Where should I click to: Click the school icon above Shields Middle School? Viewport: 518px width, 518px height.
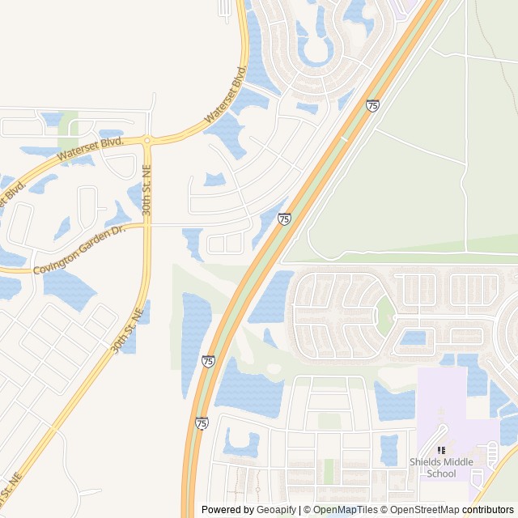(441, 450)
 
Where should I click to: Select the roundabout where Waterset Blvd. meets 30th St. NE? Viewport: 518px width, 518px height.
(147, 141)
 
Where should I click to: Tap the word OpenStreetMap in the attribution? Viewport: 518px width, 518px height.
(422, 510)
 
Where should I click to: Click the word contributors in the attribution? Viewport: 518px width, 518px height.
(488, 510)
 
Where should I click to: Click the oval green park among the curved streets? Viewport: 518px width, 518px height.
(385, 316)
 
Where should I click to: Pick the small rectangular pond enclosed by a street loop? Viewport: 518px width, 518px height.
(413, 338)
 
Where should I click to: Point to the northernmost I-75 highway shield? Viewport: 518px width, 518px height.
(372, 105)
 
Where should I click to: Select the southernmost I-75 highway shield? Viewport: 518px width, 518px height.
(202, 422)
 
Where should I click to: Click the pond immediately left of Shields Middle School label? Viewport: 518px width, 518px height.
(389, 449)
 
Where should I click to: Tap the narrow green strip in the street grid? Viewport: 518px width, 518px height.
(329, 470)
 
